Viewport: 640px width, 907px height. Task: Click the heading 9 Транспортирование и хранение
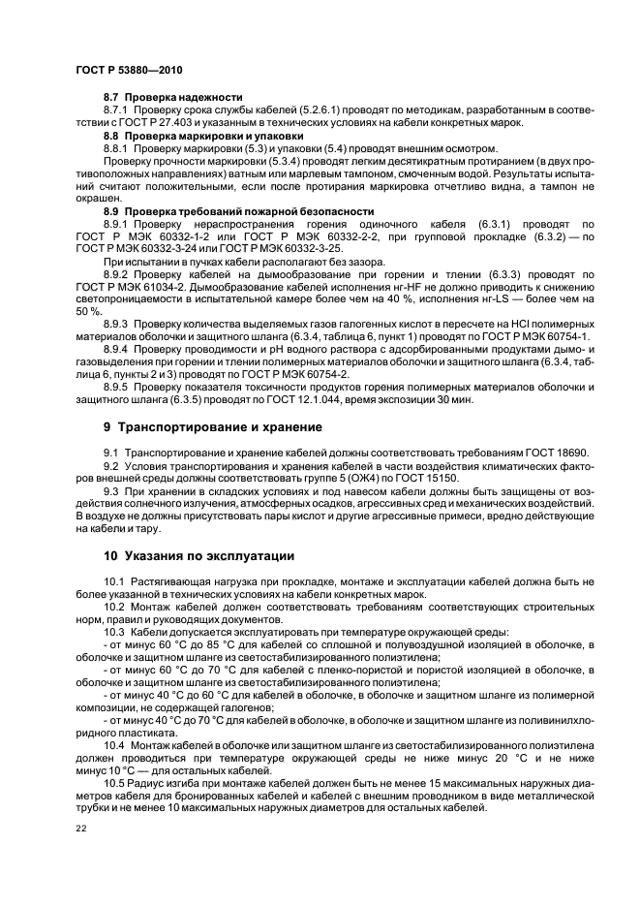point(216,427)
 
